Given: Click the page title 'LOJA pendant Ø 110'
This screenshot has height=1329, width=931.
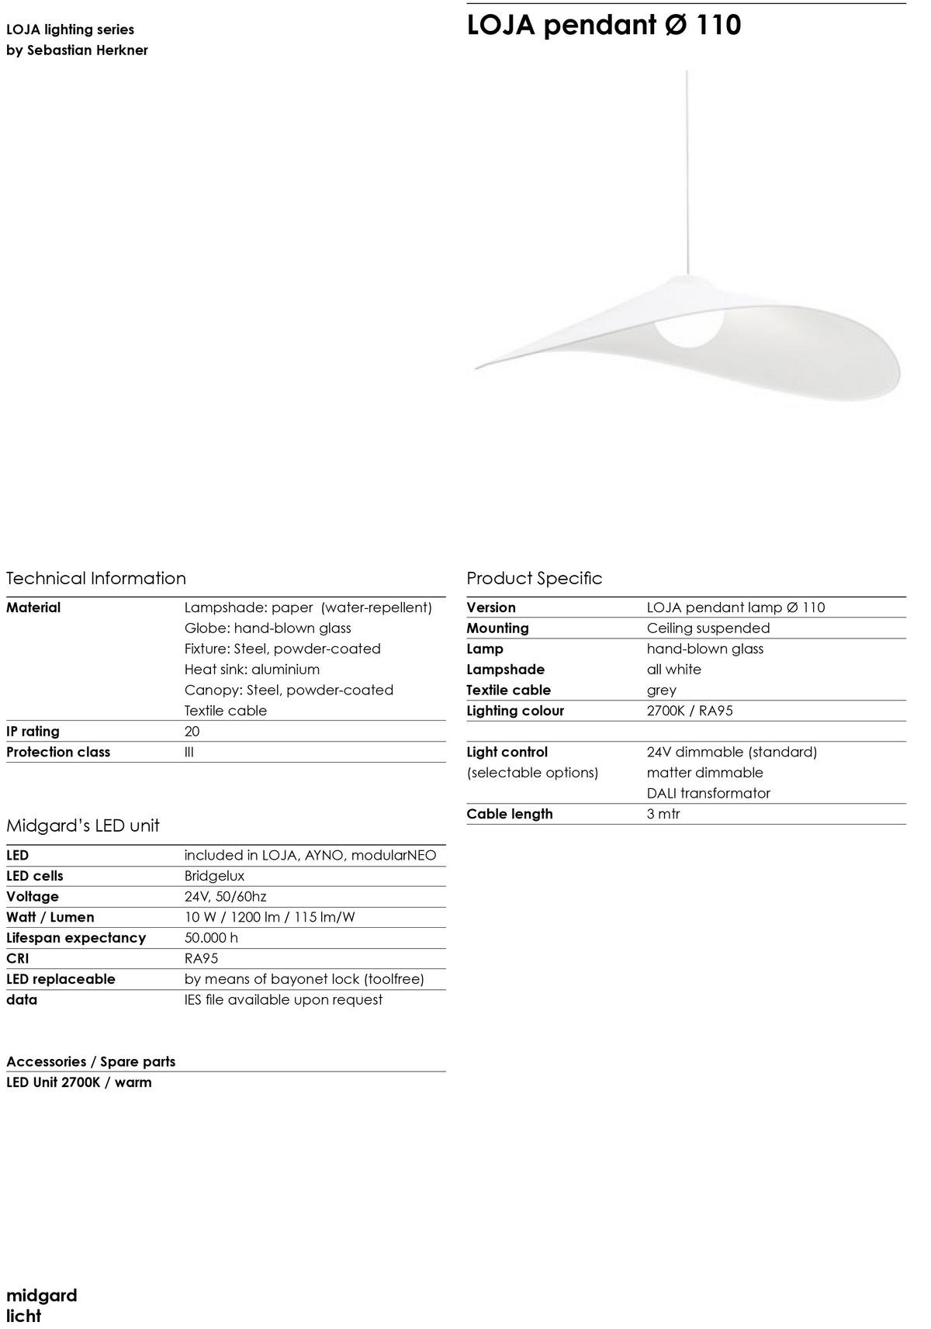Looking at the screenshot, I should [x=604, y=25].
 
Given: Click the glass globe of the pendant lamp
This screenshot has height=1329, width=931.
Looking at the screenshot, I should [x=690, y=325].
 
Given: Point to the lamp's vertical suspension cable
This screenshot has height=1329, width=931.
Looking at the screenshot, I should [x=687, y=171].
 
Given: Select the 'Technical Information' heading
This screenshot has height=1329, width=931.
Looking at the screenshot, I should [x=96, y=578].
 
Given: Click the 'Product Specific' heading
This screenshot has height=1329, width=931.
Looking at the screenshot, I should [x=534, y=578].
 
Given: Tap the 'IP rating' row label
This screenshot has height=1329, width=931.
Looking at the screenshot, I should [x=33, y=732].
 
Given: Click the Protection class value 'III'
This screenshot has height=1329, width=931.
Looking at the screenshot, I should [x=189, y=752].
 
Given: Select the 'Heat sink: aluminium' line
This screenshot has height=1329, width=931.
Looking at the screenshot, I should [x=252, y=670].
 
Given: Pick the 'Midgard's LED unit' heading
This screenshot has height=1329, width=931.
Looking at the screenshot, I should [x=83, y=825].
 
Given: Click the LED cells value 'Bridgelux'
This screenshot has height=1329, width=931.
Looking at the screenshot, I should [x=214, y=876].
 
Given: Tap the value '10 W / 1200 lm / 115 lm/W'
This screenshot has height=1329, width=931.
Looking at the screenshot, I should [x=269, y=917].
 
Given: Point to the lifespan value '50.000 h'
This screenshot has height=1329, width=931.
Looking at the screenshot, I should [x=211, y=938].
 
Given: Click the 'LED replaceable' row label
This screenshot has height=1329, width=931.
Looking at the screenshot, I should [x=61, y=979].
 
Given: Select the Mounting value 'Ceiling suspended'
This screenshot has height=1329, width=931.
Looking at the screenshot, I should [x=708, y=628].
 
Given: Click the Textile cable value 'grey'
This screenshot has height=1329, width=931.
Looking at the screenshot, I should [x=662, y=690].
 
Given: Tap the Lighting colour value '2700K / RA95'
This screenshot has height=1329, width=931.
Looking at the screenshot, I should [x=690, y=711].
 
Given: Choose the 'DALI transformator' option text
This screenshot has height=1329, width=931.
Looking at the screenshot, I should [x=708, y=794].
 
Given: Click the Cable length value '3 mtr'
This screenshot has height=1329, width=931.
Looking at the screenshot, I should [x=663, y=814].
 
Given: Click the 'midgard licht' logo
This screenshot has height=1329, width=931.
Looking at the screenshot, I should [x=42, y=1305].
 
